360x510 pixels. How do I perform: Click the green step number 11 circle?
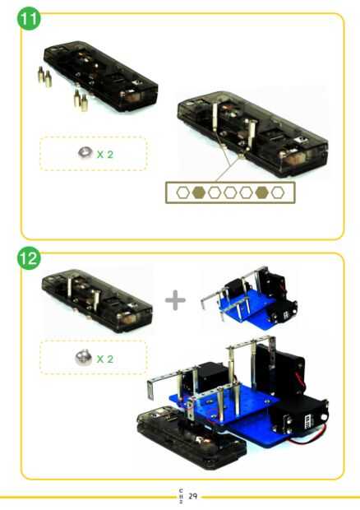coord(29,18)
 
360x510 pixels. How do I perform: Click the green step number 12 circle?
coord(29,258)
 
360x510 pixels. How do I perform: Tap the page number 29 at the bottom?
coord(193,496)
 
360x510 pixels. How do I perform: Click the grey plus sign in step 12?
coord(175,300)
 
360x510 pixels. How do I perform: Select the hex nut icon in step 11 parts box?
coord(85,152)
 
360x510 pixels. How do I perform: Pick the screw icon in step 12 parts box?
coord(83,357)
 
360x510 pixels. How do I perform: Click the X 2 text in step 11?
coord(105,154)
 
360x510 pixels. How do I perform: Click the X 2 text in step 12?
coord(105,359)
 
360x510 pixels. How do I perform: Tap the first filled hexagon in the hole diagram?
coord(199,192)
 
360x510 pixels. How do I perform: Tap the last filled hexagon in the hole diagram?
coord(262,192)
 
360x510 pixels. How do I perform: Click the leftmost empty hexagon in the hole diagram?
coord(183,192)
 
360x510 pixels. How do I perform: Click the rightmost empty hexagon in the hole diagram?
coord(278,192)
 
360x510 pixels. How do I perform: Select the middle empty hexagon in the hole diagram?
coord(230,192)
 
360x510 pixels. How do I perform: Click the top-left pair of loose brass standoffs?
coord(44,76)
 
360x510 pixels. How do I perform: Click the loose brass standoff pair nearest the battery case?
coord(81,100)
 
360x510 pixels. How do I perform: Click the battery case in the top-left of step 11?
coord(101,76)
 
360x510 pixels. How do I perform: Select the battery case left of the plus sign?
coord(98,300)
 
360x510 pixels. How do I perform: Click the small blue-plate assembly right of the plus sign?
coord(249,298)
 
